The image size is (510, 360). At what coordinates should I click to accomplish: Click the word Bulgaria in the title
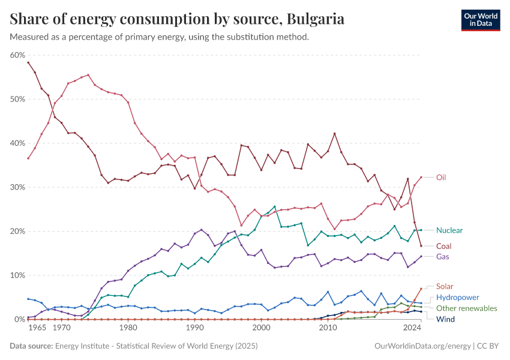(x=316, y=19)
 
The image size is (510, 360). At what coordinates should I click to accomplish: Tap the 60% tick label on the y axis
(x=17, y=55)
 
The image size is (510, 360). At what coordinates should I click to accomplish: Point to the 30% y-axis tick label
(x=17, y=187)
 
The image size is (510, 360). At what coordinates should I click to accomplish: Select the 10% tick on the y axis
(x=17, y=275)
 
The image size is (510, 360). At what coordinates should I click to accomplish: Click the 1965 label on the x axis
(x=37, y=328)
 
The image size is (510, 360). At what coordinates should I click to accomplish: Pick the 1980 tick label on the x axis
(x=127, y=328)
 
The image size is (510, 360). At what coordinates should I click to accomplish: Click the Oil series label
(x=441, y=178)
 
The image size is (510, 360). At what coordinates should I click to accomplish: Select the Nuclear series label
(x=449, y=230)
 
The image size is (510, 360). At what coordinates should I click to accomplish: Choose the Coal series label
(x=444, y=246)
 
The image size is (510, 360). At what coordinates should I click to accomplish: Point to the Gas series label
(x=443, y=257)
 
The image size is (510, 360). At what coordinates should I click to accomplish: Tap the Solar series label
(x=445, y=286)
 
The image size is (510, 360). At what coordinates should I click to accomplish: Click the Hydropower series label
(x=457, y=297)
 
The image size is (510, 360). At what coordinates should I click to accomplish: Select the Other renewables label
(x=467, y=308)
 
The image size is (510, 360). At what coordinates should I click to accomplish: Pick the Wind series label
(x=445, y=319)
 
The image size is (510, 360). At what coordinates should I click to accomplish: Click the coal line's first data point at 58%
(x=28, y=62)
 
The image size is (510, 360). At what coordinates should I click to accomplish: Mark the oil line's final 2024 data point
(x=421, y=177)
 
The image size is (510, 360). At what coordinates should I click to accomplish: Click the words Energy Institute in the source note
(x=85, y=346)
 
